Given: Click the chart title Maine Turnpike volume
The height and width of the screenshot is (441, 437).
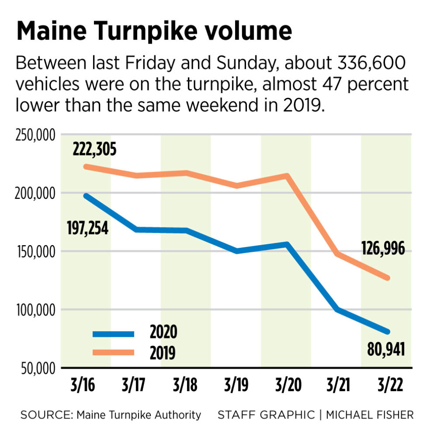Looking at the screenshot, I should pyautogui.click(x=154, y=32).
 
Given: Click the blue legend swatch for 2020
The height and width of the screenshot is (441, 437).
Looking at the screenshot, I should pyautogui.click(x=113, y=334).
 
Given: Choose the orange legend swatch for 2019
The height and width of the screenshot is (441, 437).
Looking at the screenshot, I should pyautogui.click(x=113, y=352).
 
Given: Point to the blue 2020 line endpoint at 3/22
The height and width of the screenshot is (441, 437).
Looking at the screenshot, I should pyautogui.click(x=387, y=332).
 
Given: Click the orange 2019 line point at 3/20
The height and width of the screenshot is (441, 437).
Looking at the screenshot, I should pyautogui.click(x=287, y=176).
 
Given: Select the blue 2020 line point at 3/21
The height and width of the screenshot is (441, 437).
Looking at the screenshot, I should pyautogui.click(x=337, y=310).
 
